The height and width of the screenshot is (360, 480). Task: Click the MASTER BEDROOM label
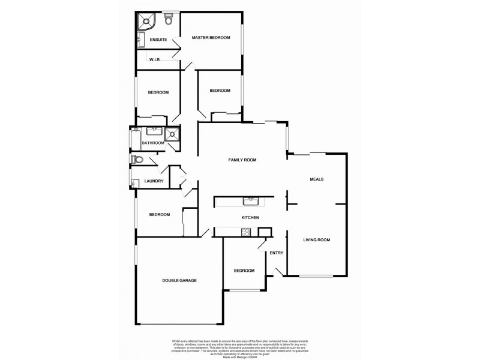pos(211,38)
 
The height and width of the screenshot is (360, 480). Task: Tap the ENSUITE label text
pos(158,40)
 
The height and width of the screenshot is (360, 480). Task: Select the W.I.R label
pos(154,59)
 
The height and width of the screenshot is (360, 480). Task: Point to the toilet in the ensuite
pos(169,20)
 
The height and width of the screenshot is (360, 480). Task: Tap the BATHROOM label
pos(153,143)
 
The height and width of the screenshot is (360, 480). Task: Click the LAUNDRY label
pos(154,181)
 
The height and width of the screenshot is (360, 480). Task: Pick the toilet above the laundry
pos(137,160)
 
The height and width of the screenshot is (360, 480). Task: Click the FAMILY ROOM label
pos(242,160)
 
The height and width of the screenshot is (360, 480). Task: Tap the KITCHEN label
pos(250,217)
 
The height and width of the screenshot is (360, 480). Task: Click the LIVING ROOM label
pos(316,240)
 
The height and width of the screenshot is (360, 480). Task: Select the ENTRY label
pos(276,253)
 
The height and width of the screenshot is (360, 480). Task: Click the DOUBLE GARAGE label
pos(179,280)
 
